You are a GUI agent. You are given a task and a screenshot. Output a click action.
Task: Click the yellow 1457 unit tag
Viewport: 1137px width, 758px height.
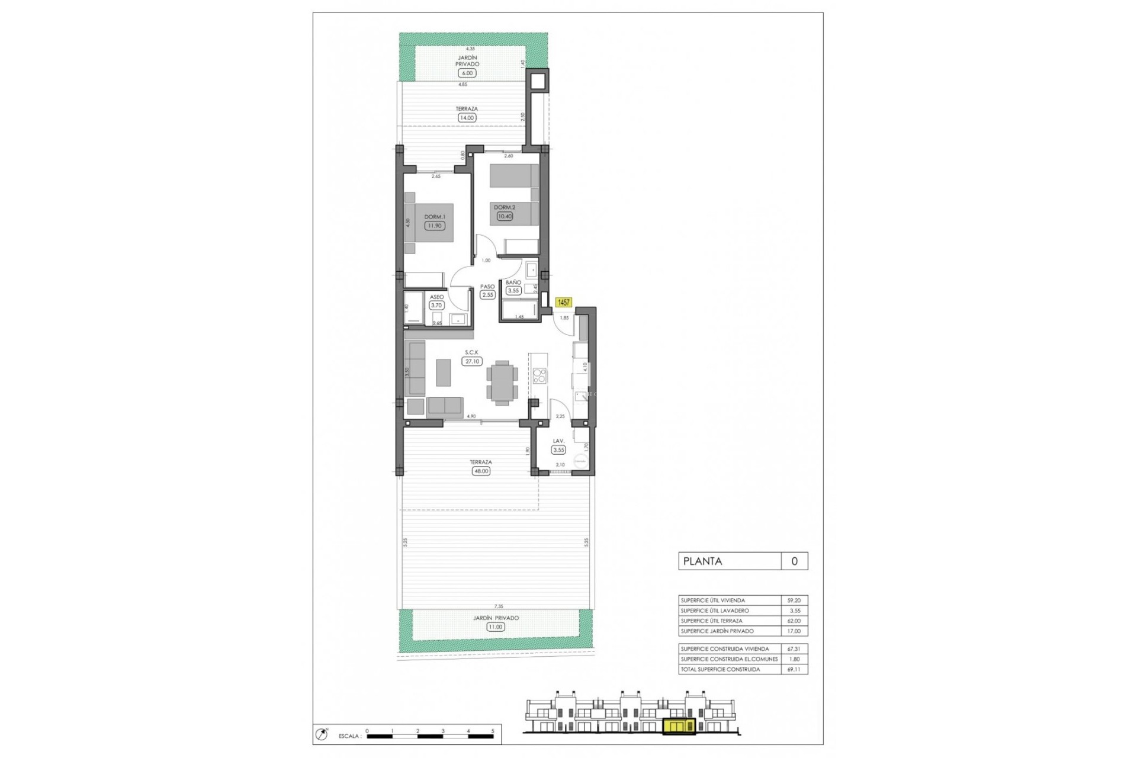click(x=563, y=303)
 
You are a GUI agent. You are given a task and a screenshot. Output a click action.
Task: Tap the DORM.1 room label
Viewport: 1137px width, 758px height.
click(x=434, y=217)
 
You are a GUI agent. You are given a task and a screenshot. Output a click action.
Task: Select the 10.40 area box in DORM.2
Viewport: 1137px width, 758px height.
click(x=505, y=217)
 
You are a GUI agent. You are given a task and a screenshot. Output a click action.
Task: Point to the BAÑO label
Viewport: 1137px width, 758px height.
click(x=513, y=282)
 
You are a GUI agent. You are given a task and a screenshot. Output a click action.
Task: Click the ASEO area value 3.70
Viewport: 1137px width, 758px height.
click(x=436, y=306)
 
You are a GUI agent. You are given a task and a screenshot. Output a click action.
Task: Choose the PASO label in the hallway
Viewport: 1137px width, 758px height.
click(x=487, y=287)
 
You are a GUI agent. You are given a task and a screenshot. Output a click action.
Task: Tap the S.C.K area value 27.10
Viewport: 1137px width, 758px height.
click(x=472, y=361)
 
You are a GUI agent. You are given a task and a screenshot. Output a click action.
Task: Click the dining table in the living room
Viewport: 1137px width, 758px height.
click(x=502, y=383)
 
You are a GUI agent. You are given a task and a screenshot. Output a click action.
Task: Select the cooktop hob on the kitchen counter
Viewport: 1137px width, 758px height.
click(x=539, y=375)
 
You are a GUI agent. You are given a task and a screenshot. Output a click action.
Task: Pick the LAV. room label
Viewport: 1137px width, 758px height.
click(x=558, y=441)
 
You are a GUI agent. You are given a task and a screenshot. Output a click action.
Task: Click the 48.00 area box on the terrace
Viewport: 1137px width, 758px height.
click(x=481, y=471)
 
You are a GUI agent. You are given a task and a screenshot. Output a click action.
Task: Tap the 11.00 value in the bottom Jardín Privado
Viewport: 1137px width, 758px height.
click(x=496, y=627)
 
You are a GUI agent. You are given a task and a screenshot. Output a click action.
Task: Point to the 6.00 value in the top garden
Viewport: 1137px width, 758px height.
click(x=467, y=73)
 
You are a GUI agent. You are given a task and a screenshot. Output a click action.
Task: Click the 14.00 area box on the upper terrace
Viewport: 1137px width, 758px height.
click(x=467, y=118)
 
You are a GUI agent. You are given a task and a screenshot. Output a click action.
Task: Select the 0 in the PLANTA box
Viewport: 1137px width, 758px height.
click(x=794, y=561)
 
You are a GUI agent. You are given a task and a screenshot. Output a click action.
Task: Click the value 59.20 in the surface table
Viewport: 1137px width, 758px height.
click(x=794, y=600)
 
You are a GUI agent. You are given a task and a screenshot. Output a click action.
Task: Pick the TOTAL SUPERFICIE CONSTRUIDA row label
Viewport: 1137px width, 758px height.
click(x=720, y=670)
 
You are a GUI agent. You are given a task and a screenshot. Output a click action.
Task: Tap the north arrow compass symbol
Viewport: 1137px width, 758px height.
click(x=322, y=735)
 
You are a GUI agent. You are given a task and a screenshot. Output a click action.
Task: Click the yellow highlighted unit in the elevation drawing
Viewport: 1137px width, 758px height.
click(x=679, y=727)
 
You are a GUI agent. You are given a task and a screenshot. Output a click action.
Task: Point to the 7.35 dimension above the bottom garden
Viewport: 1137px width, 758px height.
click(x=499, y=606)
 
